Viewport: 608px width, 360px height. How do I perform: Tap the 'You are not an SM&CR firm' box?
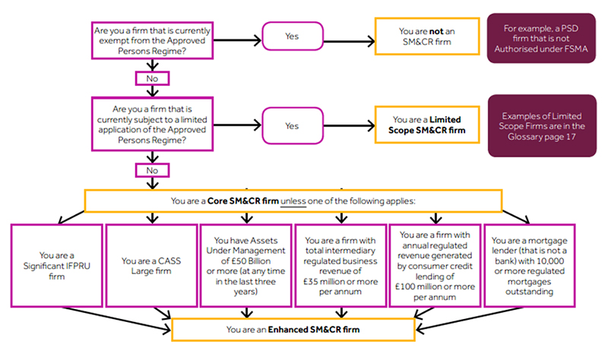point(427,35)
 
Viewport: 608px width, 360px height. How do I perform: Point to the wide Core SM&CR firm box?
point(293,201)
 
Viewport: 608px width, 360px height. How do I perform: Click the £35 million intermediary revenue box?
point(340,264)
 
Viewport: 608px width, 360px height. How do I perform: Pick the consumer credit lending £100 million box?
point(435,264)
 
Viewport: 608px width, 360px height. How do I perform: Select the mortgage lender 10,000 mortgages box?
point(529,264)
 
